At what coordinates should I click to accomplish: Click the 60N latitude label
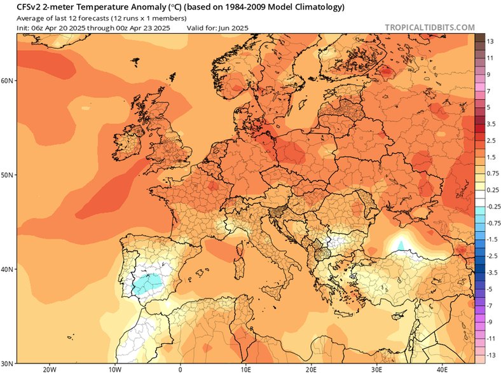pos(8,81)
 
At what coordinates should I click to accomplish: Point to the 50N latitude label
pos(8,175)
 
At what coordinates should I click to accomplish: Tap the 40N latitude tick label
pos(8,269)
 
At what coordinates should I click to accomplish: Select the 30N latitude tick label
pos(8,363)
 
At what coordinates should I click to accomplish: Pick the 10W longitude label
pos(115,368)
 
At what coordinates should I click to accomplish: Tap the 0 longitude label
pos(181,368)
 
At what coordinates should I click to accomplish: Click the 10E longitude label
pos(245,368)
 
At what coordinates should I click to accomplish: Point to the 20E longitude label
pos(311,368)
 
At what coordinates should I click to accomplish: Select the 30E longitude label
pos(376,368)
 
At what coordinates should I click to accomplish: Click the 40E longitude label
pos(442,368)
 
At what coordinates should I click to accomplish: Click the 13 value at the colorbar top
pos(491,41)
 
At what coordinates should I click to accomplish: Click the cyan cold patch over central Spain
pos(148,281)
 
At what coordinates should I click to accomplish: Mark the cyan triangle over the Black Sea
pos(401,245)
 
